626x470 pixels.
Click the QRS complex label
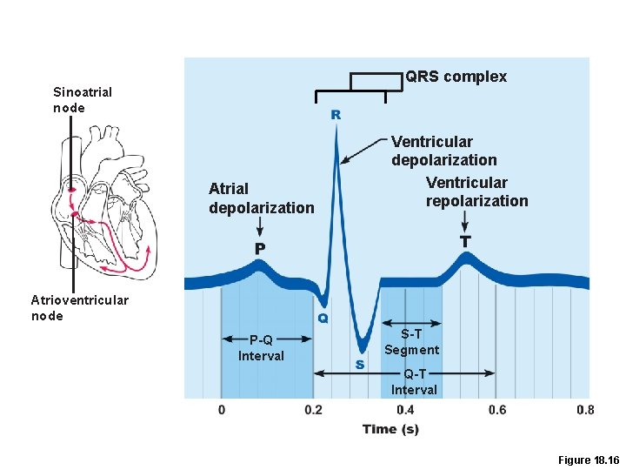[456, 77]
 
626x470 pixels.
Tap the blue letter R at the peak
[336, 114]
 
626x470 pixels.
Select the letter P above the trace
[260, 248]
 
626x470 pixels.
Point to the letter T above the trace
[465, 239]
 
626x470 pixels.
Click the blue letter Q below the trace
[323, 319]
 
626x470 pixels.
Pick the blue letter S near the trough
[359, 365]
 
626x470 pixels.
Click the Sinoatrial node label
[83, 99]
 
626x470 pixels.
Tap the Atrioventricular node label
[79, 308]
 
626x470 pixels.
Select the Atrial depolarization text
[261, 198]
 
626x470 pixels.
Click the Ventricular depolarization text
[443, 151]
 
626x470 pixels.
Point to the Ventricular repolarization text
[476, 191]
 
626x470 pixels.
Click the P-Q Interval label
[261, 347]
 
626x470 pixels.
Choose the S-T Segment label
[411, 341]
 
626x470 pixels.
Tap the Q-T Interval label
[414, 382]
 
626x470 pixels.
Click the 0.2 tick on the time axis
[313, 410]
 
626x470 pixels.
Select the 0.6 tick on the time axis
[496, 410]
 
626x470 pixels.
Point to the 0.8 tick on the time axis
[585, 410]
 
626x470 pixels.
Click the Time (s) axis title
[390, 428]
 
